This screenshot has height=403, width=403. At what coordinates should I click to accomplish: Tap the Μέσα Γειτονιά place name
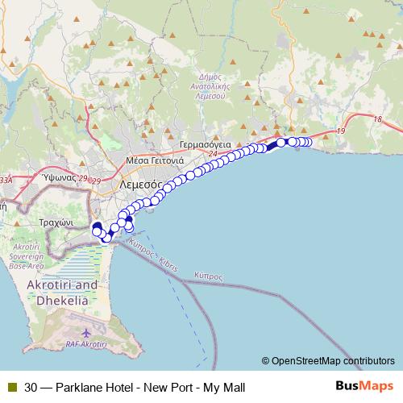pyautogui.click(x=152, y=160)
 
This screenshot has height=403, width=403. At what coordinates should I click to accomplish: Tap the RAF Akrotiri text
pyautogui.click(x=86, y=344)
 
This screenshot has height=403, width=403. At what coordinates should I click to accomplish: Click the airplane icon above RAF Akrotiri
pyautogui.click(x=87, y=332)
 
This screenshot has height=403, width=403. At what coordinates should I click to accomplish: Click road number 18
pyautogui.click(x=377, y=119)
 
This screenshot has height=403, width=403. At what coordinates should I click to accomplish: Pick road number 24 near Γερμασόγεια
pyautogui.click(x=212, y=153)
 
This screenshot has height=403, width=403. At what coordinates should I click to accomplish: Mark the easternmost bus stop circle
pyautogui.click(x=307, y=142)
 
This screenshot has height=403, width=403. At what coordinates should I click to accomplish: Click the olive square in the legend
pyautogui.click(x=11, y=386)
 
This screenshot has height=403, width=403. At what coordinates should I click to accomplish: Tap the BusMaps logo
pyautogui.click(x=364, y=386)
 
